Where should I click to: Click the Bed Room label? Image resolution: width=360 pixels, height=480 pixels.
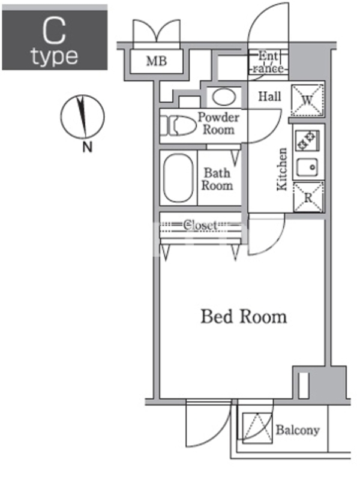[x=244, y=317]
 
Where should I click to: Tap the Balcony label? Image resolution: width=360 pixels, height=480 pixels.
[x=298, y=430]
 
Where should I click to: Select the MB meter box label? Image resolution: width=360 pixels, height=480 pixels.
[x=157, y=61]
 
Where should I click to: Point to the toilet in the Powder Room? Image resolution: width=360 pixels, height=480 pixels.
[x=178, y=125]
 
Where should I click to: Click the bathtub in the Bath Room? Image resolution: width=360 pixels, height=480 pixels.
[x=178, y=178]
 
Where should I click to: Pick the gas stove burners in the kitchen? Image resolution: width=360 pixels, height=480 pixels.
[x=307, y=140]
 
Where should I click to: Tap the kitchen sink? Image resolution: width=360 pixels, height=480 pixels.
[x=307, y=167]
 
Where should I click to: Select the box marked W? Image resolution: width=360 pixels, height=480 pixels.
[x=307, y=100]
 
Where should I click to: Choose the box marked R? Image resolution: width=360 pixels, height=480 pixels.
[x=308, y=197]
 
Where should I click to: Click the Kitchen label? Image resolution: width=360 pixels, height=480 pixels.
[x=282, y=169]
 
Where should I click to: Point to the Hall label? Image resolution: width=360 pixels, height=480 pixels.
[x=269, y=97]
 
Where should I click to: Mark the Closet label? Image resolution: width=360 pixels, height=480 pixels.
[x=200, y=226]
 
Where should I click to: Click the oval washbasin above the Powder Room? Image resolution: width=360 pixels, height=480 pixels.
[x=224, y=97]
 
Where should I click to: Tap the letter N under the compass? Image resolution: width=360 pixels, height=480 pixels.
[x=88, y=148]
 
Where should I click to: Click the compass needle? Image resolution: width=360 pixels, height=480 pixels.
[x=82, y=116]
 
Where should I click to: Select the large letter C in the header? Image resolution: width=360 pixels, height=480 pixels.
[x=54, y=31]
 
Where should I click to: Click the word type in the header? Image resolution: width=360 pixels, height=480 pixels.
[x=55, y=57]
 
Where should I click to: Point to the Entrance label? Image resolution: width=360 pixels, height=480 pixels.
[x=268, y=62]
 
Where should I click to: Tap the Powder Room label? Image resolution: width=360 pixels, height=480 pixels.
[x=218, y=124]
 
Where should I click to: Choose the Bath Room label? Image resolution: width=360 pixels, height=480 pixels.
[x=217, y=179]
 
